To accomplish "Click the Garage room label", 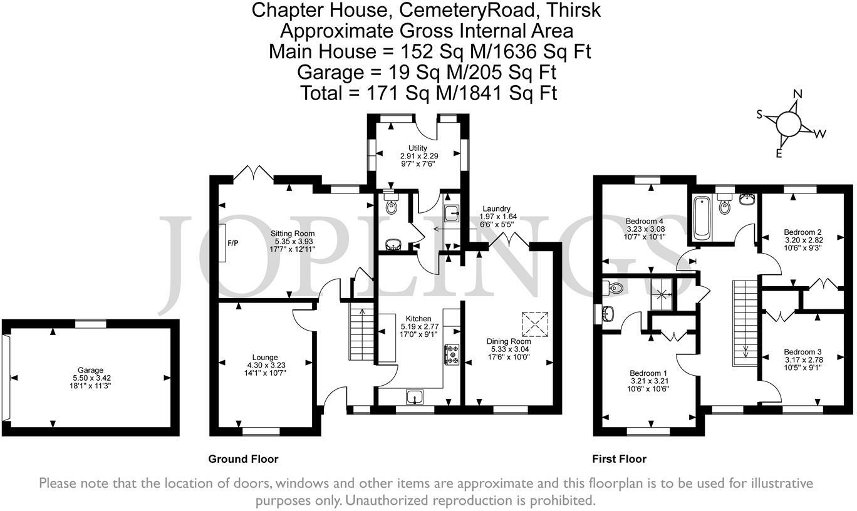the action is (x=91, y=370).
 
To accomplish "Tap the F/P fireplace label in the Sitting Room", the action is (x=232, y=243).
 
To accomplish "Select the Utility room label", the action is (x=418, y=148).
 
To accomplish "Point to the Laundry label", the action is (x=496, y=209).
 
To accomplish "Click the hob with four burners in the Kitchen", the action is (x=452, y=354).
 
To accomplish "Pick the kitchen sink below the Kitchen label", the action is (x=415, y=396).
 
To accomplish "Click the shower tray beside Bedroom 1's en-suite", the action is (x=662, y=294).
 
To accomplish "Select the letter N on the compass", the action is (x=797, y=94).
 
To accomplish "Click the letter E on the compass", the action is (x=778, y=153).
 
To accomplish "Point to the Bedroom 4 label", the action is (x=644, y=221).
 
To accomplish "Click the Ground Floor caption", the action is (x=243, y=459).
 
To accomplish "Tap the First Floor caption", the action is (x=620, y=459).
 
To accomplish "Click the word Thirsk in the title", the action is (x=573, y=10).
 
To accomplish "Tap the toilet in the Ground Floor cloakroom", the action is (x=391, y=203).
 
